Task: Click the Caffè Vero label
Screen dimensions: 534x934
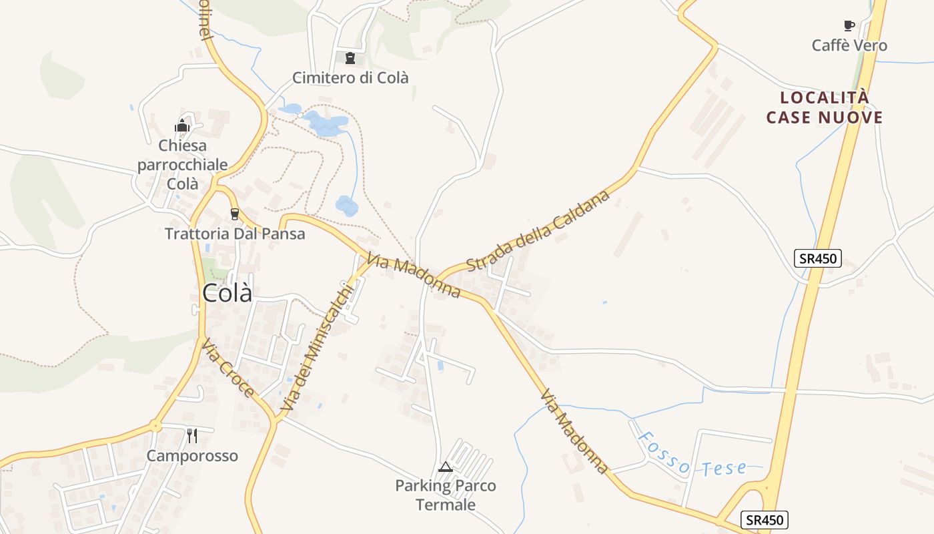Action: click(849, 45)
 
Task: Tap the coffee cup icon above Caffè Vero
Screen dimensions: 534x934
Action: click(849, 26)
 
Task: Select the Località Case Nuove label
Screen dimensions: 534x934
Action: click(825, 107)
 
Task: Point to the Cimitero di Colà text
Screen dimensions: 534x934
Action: click(350, 77)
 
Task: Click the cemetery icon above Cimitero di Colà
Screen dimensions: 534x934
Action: click(350, 58)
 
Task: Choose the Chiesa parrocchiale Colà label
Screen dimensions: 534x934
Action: click(183, 164)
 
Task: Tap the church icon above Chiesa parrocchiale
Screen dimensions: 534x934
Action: click(182, 125)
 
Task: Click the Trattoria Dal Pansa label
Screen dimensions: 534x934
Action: click(235, 234)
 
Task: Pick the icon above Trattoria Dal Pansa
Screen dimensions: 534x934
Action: click(234, 214)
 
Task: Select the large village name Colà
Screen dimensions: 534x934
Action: click(227, 293)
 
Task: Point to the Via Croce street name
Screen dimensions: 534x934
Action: click(228, 368)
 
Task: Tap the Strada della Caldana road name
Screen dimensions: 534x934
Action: click(538, 231)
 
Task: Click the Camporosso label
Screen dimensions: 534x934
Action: click(192, 456)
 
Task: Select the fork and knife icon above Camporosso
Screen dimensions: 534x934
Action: click(192, 436)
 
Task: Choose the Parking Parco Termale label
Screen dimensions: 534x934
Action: click(446, 495)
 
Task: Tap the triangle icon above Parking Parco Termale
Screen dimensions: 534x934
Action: click(446, 467)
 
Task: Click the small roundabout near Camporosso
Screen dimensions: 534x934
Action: click(155, 425)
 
